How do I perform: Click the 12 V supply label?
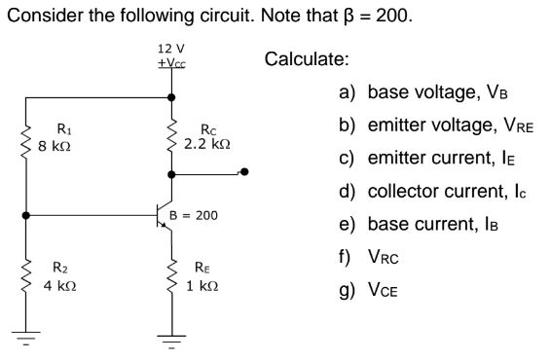click(171, 48)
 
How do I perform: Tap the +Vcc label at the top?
click(171, 62)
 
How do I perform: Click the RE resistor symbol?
click(172, 277)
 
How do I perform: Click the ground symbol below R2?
click(25, 340)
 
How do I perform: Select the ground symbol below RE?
click(172, 340)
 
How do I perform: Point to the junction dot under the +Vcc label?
click(172, 97)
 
